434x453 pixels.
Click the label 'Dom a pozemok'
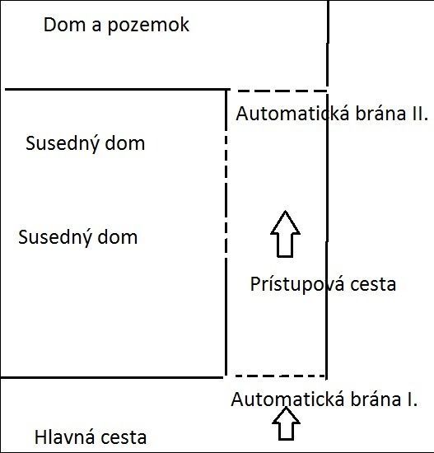(x=116, y=26)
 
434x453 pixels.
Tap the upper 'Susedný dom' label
(x=86, y=143)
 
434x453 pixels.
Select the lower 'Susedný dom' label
(x=77, y=237)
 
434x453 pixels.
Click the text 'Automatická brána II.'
(x=332, y=113)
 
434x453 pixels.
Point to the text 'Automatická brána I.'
(x=324, y=399)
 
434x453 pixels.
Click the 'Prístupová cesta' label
(x=323, y=284)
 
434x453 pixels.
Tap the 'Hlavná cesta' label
(x=91, y=437)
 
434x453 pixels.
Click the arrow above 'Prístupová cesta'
(x=285, y=234)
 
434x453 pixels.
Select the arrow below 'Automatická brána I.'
(x=286, y=423)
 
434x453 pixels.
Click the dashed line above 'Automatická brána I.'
(x=280, y=376)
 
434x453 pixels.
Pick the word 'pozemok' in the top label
(x=148, y=26)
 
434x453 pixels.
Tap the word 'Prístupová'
(x=297, y=284)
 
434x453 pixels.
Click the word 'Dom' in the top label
(x=65, y=25)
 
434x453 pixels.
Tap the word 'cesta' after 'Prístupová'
(x=373, y=285)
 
